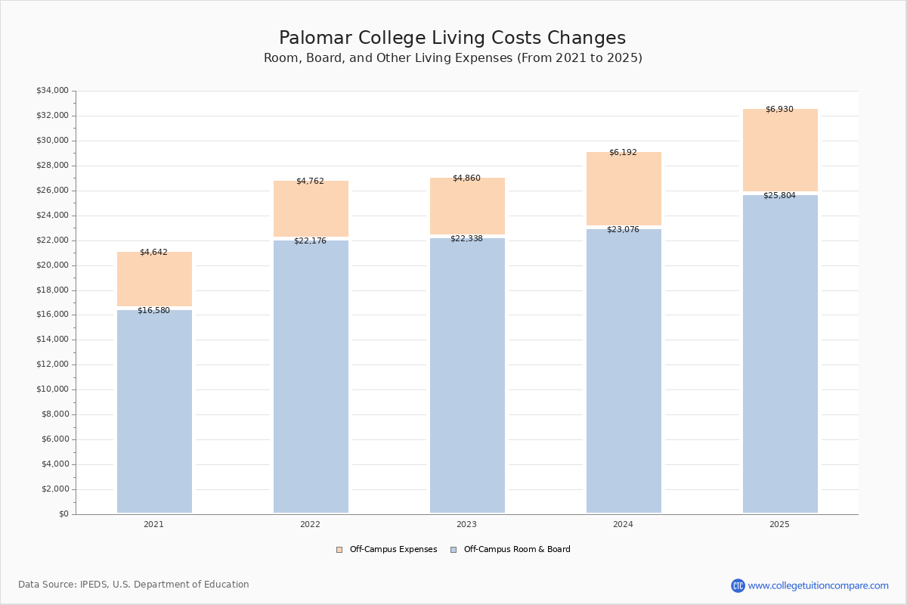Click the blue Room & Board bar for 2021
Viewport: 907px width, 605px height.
pos(154,412)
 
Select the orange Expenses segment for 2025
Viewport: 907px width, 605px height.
pos(780,151)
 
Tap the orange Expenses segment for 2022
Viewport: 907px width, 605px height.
pos(311,210)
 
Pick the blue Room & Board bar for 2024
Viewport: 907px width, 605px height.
pos(624,371)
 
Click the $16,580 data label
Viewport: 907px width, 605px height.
pos(153,310)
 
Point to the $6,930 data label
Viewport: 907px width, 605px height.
pos(779,109)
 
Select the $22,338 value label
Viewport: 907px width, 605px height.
pos(466,238)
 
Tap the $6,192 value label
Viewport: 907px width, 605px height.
pos(623,152)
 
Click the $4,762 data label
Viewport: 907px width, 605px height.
pos(310,181)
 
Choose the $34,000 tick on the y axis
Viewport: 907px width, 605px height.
pos(52,91)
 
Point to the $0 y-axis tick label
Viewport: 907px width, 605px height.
pos(63,514)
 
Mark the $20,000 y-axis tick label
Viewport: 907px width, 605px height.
pos(52,265)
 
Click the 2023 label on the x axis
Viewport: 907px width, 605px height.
pos(466,524)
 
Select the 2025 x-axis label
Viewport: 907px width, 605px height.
pos(779,524)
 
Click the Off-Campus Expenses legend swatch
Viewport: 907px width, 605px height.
pos(339,550)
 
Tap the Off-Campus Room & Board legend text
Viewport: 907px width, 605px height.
pos(517,550)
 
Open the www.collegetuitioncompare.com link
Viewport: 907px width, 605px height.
pos(818,585)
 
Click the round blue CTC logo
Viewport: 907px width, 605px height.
pos(738,585)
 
